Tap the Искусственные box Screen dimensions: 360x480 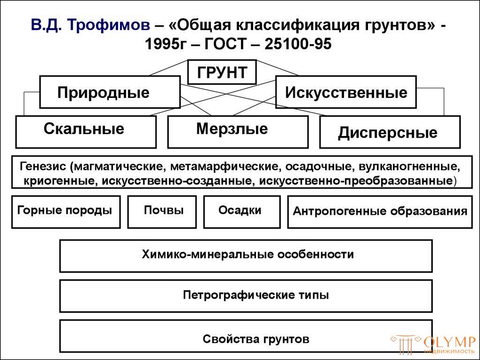[346, 92]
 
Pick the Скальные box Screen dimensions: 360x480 [86, 131]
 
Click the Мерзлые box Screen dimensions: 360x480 [238, 131]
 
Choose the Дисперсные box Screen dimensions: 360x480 [390, 133]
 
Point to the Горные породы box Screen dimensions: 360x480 [66, 211]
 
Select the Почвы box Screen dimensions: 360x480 [162, 211]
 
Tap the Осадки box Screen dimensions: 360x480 [241, 211]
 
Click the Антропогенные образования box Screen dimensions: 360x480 [380, 211]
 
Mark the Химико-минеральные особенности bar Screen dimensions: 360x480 [246, 255]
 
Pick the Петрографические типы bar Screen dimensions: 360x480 [246, 296]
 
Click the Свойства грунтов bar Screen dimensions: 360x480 [246, 336]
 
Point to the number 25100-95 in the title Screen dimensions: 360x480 [298, 44]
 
